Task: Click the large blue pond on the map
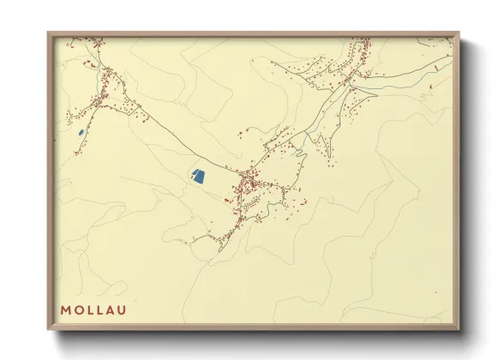(199, 176)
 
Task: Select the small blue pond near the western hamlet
(80, 132)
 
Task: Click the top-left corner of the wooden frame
(48, 33)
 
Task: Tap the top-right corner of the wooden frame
(459, 33)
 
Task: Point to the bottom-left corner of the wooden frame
(48, 330)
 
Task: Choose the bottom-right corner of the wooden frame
(459, 330)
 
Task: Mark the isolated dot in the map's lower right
(435, 292)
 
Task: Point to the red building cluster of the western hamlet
(107, 86)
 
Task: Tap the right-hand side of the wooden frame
(456, 180)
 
